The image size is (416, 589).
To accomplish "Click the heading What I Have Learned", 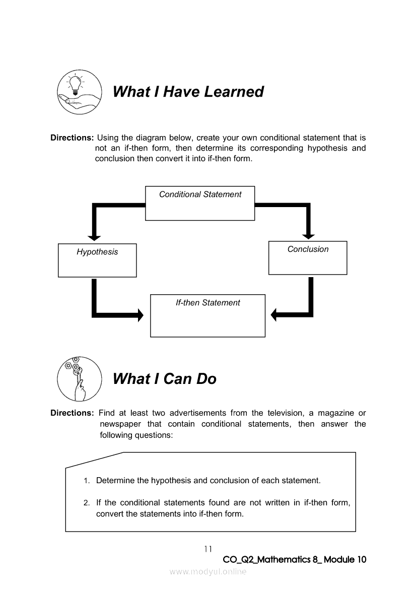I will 188,92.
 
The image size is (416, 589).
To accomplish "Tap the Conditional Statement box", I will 200,203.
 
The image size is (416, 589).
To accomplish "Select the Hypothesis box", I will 97,260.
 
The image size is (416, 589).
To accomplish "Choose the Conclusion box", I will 308,257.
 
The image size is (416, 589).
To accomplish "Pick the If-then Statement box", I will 207,315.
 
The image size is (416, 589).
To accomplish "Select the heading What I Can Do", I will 165,379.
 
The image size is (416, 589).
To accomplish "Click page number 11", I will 208,549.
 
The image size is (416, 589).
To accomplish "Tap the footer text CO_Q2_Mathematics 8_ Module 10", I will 294,560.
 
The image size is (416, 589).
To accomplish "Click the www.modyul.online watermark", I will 208,571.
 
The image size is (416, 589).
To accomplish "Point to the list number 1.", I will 87,481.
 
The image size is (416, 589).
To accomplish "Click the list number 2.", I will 87,503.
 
